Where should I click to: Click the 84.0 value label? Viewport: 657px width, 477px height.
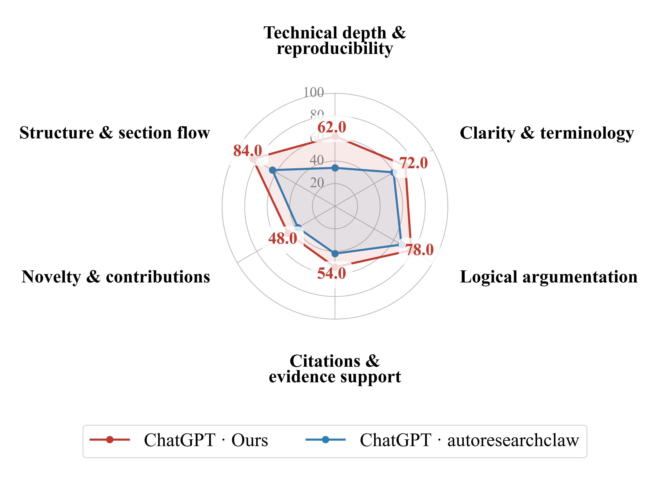(x=248, y=151)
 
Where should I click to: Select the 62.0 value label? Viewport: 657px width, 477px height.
(x=332, y=127)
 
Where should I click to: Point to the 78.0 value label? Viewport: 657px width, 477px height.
(x=419, y=250)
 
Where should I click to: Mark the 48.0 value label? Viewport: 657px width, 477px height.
(x=283, y=239)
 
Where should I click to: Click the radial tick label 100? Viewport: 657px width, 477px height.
(x=313, y=92)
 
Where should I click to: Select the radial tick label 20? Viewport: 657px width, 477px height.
(x=317, y=183)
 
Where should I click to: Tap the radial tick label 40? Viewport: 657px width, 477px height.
(x=317, y=160)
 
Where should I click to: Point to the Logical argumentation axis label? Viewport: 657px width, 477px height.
(x=549, y=277)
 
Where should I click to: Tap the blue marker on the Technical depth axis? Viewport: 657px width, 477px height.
(x=335, y=168)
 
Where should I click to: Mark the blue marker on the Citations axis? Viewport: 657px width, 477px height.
(x=335, y=254)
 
